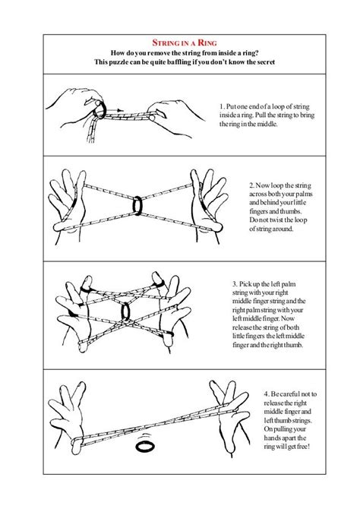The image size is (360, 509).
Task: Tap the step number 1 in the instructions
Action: pos(220,106)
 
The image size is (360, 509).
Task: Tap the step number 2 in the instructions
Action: pos(251,185)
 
